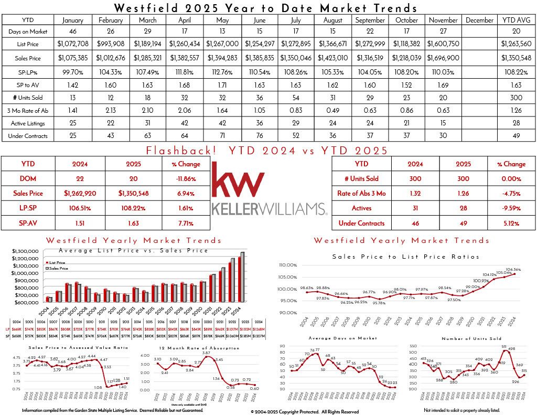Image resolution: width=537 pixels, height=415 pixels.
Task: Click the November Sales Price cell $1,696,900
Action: tap(444, 58)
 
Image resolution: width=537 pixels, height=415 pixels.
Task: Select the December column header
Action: tap(480, 20)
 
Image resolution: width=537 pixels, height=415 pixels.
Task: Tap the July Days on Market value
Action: tap(296, 33)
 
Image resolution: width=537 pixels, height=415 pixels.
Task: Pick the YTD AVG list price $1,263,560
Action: tap(519, 44)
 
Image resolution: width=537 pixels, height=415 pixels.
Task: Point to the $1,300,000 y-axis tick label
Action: tap(26, 251)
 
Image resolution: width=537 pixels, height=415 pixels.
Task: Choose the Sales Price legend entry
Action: tap(60, 268)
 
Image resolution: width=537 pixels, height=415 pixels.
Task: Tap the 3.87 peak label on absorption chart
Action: tap(206, 354)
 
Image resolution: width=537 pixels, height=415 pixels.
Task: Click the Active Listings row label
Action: tap(26, 123)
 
